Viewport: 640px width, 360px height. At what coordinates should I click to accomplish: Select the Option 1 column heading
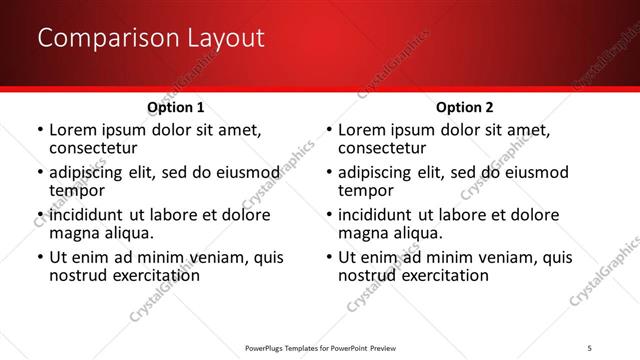pyautogui.click(x=176, y=107)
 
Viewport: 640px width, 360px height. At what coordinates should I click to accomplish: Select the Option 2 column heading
pyautogui.click(x=464, y=107)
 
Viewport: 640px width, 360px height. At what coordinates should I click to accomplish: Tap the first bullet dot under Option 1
pyautogui.click(x=39, y=131)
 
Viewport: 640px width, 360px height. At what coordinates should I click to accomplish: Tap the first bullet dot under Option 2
pyautogui.click(x=328, y=131)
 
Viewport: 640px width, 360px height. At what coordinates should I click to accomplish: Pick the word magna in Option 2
pyautogui.click(x=362, y=233)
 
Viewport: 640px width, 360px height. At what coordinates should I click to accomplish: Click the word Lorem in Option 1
pyautogui.click(x=72, y=131)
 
